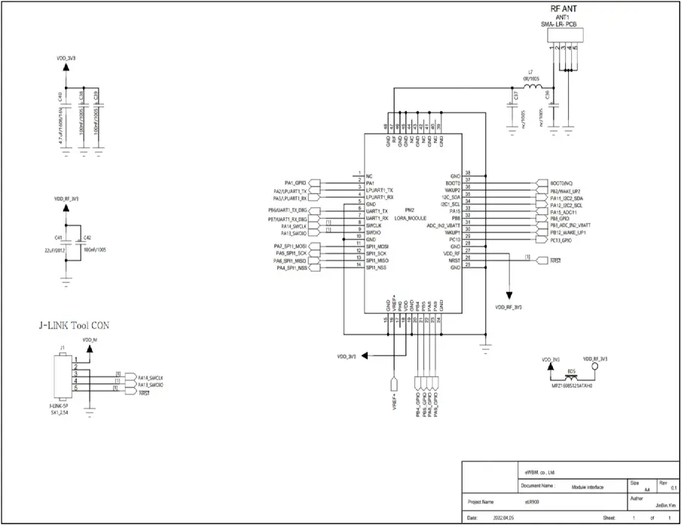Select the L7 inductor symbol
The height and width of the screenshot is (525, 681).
point(533,87)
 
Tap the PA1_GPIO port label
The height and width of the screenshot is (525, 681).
point(295,183)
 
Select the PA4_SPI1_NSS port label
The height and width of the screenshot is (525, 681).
point(292,269)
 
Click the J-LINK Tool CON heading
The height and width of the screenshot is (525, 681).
point(75,326)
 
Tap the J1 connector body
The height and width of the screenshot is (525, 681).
point(60,381)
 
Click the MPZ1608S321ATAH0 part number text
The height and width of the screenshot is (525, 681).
point(573,385)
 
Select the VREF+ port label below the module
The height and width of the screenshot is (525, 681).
point(393,399)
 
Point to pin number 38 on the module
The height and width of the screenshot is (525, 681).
point(468,173)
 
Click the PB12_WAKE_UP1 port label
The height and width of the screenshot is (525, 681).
point(570,233)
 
